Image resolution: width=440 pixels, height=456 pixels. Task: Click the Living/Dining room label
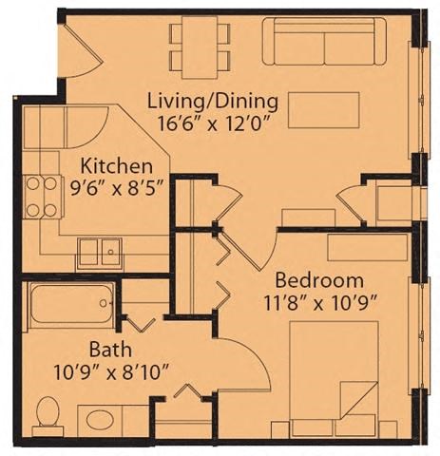point(212,100)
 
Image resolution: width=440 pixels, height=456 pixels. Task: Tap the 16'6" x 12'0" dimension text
point(212,122)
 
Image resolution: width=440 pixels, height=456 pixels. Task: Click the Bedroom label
point(319,280)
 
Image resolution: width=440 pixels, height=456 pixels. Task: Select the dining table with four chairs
point(201,45)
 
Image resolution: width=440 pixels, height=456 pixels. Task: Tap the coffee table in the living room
point(325,108)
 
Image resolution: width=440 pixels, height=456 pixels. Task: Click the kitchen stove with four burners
point(39,198)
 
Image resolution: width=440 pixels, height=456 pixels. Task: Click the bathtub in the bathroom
point(70,304)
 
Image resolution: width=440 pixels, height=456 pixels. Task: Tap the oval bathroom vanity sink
point(100,418)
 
